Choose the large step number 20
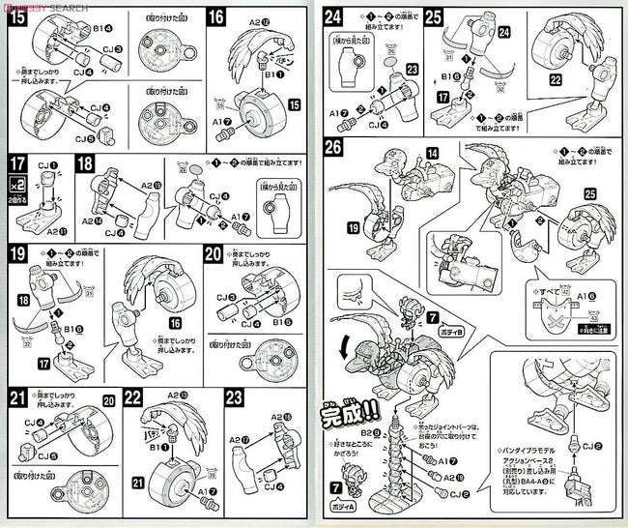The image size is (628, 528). pos(215,255)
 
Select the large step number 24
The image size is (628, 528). pos(334,16)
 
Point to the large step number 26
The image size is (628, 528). pos(334,149)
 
